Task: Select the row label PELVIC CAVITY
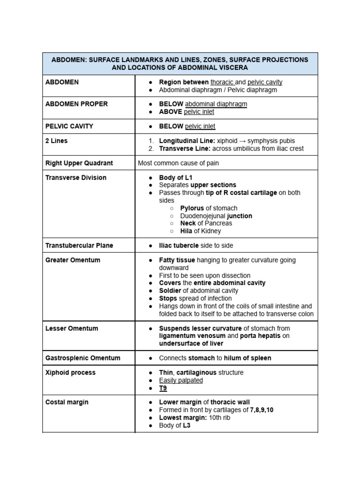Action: click(69, 126)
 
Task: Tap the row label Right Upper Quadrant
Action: click(79, 163)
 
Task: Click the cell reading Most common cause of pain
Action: click(179, 163)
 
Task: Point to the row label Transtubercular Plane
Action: click(79, 245)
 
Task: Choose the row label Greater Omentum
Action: click(73, 260)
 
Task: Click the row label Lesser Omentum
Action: click(72, 328)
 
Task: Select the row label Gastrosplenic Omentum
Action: click(83, 358)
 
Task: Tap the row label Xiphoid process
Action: click(70, 372)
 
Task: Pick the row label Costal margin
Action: click(67, 402)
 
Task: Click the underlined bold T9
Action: click(163, 388)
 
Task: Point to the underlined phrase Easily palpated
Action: click(181, 380)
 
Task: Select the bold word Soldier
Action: click(170, 291)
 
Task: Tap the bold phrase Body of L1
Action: click(176, 178)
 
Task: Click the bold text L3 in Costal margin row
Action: click(186, 426)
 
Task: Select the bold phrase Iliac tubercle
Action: click(179, 245)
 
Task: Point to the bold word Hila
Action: click(187, 231)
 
